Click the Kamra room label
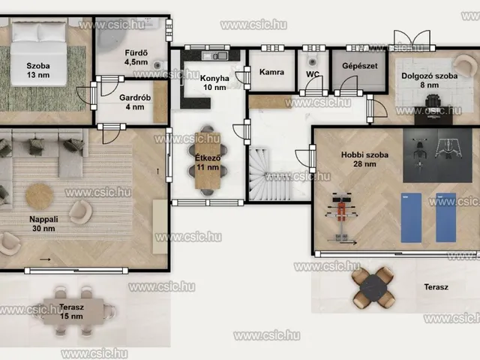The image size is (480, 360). click(271, 72)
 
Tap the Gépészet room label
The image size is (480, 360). click(360, 66)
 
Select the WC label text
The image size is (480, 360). click(313, 74)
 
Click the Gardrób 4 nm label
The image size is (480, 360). click(135, 102)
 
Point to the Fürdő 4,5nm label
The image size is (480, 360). click(136, 58)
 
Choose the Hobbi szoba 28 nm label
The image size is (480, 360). click(364, 159)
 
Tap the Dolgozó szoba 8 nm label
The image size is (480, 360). click(430, 80)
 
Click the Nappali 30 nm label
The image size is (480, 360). click(43, 223)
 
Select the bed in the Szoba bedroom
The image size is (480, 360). click(38, 52)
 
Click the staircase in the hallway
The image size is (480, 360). click(269, 175)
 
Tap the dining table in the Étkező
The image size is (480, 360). click(208, 160)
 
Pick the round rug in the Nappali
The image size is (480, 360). click(40, 196)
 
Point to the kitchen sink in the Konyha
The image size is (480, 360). click(214, 55)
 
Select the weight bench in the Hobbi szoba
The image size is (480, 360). click(341, 217)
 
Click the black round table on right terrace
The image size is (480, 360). click(373, 288)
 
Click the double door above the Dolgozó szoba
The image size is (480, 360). click(412, 40)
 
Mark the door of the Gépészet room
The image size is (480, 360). click(348, 85)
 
